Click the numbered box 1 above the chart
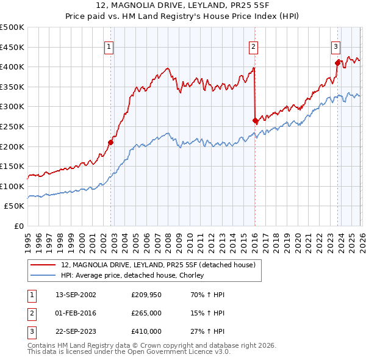[109, 46]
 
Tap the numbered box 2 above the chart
[253, 46]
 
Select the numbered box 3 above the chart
[335, 46]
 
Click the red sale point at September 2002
[110, 143]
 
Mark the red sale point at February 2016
[255, 121]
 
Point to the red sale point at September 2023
[337, 62]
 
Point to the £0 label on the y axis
[18, 226]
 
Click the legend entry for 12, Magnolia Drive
[153, 264]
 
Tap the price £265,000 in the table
[146, 313]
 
